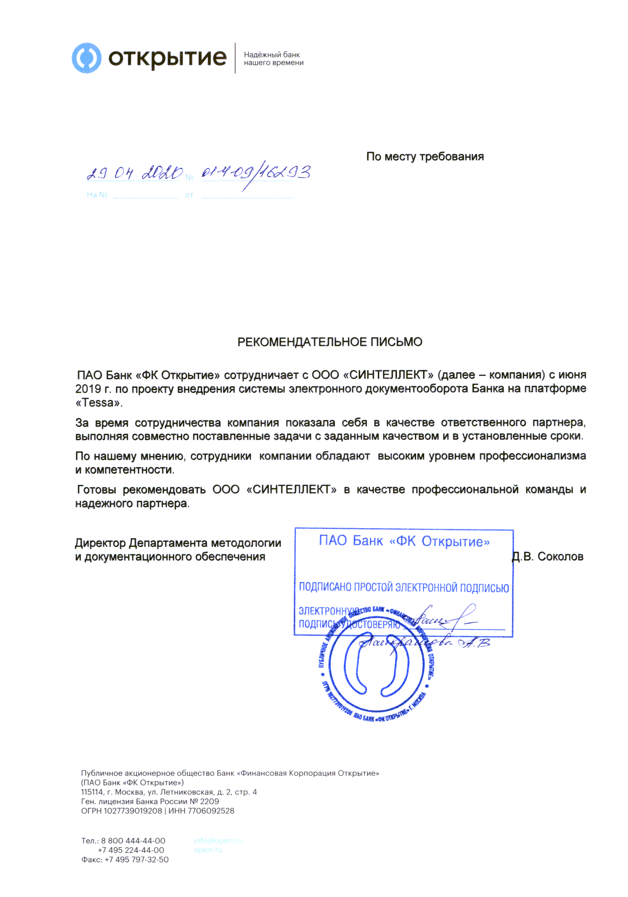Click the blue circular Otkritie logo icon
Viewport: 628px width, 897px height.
point(86,58)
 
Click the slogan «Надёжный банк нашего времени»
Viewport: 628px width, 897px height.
point(273,59)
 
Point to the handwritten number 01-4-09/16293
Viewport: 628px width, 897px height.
point(256,173)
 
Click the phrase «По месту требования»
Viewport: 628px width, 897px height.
point(424,157)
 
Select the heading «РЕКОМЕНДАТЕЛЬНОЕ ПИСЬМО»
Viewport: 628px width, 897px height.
point(330,342)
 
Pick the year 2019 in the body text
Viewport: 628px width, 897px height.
point(88,389)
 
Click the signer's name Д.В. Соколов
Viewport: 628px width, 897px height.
point(547,556)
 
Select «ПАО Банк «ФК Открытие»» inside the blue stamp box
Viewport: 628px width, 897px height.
point(404,541)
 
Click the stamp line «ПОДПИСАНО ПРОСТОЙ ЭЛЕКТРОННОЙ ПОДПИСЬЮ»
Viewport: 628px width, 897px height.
point(404,588)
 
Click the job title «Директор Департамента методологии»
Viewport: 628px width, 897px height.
point(178,543)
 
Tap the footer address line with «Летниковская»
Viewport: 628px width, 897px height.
point(169,792)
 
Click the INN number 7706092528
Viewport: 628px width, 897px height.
point(211,811)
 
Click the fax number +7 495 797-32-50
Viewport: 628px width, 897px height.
point(136,859)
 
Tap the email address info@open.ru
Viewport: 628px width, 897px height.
point(218,840)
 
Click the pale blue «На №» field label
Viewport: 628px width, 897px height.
point(97,194)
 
